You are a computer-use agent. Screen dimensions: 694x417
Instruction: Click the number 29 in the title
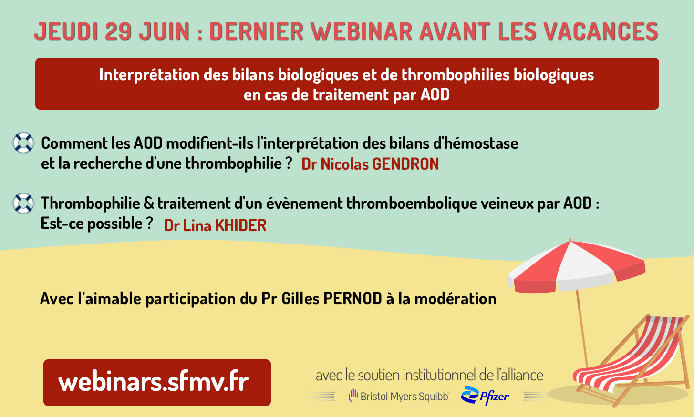[x=118, y=31]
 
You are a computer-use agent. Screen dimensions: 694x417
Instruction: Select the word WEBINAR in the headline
[x=361, y=31]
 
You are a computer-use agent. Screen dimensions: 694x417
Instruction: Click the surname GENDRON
[x=405, y=164]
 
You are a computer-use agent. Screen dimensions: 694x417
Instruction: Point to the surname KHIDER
[x=241, y=225]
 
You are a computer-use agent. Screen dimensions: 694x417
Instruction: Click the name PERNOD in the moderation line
[x=352, y=298]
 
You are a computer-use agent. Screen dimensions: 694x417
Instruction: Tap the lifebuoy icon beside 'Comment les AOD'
[x=23, y=142]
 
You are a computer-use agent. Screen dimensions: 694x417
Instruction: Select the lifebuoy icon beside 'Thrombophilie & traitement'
[x=23, y=203]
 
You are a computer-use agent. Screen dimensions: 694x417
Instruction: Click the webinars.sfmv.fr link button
[x=157, y=383]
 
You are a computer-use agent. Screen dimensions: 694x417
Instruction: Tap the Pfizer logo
[x=485, y=396]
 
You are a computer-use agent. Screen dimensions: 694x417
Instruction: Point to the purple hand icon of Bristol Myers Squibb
[x=353, y=395]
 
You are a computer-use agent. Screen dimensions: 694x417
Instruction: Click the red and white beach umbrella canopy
[x=576, y=266]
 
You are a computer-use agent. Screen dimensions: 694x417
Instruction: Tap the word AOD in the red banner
[x=435, y=94]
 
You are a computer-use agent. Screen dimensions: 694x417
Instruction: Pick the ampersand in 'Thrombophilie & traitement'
[x=149, y=203]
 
